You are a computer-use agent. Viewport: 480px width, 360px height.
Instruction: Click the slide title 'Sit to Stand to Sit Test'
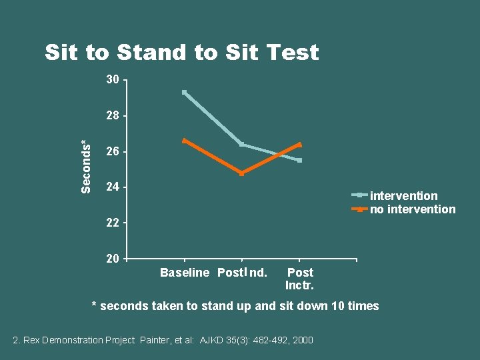click(x=181, y=52)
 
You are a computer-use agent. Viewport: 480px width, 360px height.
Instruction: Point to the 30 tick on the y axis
click(x=113, y=80)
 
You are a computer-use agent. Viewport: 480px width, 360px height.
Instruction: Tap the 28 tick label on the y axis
click(x=113, y=115)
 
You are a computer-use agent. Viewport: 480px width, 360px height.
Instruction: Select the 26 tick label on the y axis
click(x=113, y=151)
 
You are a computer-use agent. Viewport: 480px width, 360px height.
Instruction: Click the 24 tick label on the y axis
click(x=113, y=187)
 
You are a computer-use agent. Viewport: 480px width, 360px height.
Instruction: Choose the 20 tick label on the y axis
click(x=113, y=258)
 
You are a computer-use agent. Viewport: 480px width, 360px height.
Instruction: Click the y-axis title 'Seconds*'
click(x=85, y=167)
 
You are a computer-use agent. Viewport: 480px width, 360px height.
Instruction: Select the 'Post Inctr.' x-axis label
click(x=300, y=279)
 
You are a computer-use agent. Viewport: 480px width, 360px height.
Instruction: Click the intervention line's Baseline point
click(x=185, y=92)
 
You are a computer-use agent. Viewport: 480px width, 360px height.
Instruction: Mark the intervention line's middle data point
click(x=241, y=144)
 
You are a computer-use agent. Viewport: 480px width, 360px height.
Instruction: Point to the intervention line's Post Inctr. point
click(x=300, y=160)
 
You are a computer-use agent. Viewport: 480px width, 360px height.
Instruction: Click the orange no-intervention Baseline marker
click(x=185, y=141)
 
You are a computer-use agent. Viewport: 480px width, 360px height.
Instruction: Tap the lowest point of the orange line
click(x=241, y=173)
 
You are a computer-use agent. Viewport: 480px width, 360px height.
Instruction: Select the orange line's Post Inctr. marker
click(x=300, y=144)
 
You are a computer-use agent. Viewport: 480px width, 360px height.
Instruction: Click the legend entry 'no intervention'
click(x=413, y=209)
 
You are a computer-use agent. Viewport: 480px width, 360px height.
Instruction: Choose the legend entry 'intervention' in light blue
click(x=403, y=196)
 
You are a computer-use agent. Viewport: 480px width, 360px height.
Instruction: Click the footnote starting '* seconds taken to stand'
click(x=235, y=306)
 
